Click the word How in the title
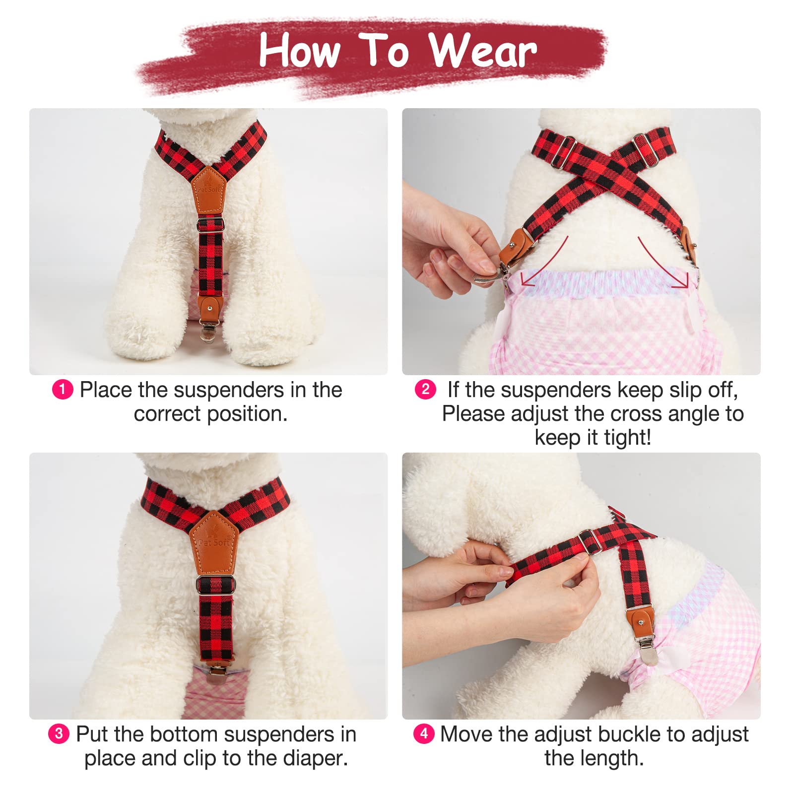(x=299, y=51)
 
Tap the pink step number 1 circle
(x=63, y=390)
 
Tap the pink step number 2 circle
(x=425, y=390)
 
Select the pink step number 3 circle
(x=59, y=733)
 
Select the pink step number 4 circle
(x=424, y=733)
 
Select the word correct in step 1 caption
(x=167, y=414)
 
